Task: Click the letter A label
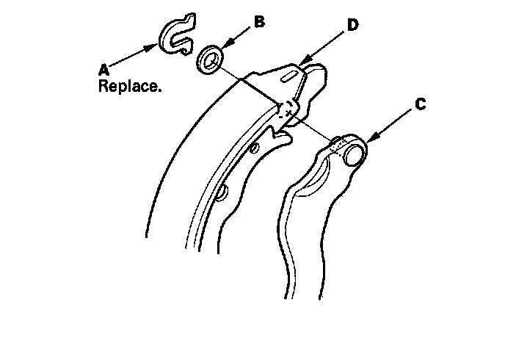pyautogui.click(x=104, y=69)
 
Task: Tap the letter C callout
pyautogui.click(x=419, y=105)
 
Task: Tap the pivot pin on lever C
pyautogui.click(x=355, y=152)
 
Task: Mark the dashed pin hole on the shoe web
pyautogui.click(x=286, y=109)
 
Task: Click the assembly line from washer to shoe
pyautogui.click(x=250, y=82)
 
